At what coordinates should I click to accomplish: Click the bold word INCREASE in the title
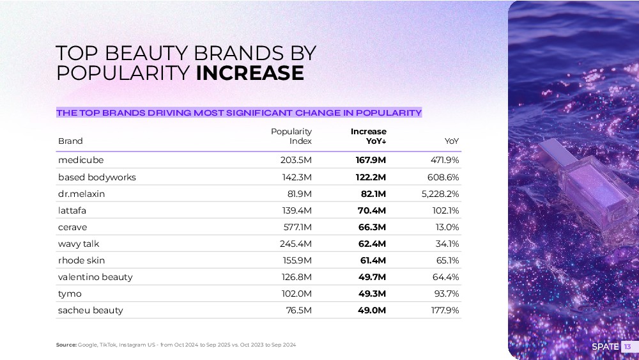249,73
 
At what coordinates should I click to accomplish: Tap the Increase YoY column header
369,136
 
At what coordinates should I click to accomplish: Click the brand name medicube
81,160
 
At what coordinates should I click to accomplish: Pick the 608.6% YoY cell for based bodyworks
443,177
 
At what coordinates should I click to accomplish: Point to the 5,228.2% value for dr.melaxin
440,194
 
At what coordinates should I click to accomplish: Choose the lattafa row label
73,210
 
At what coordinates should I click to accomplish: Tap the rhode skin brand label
81,260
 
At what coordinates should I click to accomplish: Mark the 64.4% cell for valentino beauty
445,277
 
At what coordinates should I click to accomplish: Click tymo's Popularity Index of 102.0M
296,293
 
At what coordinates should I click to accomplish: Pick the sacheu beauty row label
91,310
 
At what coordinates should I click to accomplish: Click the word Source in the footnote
66,345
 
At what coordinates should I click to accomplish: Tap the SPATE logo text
605,347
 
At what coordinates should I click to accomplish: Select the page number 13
627,347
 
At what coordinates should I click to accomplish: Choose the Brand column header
70,141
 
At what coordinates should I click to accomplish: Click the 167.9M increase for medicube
371,160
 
